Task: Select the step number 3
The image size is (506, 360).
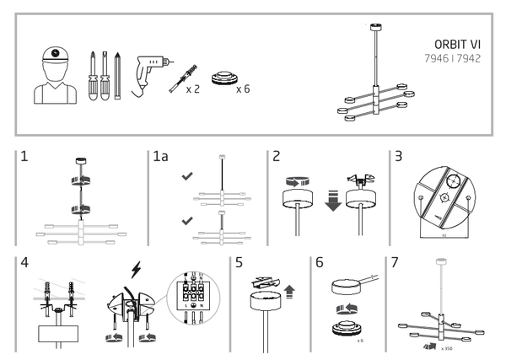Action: pyautogui.click(x=399, y=158)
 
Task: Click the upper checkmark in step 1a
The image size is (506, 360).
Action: pyautogui.click(x=188, y=178)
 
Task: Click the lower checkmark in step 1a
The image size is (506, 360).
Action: pyautogui.click(x=188, y=221)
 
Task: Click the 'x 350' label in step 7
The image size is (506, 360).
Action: pyautogui.click(x=445, y=347)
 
